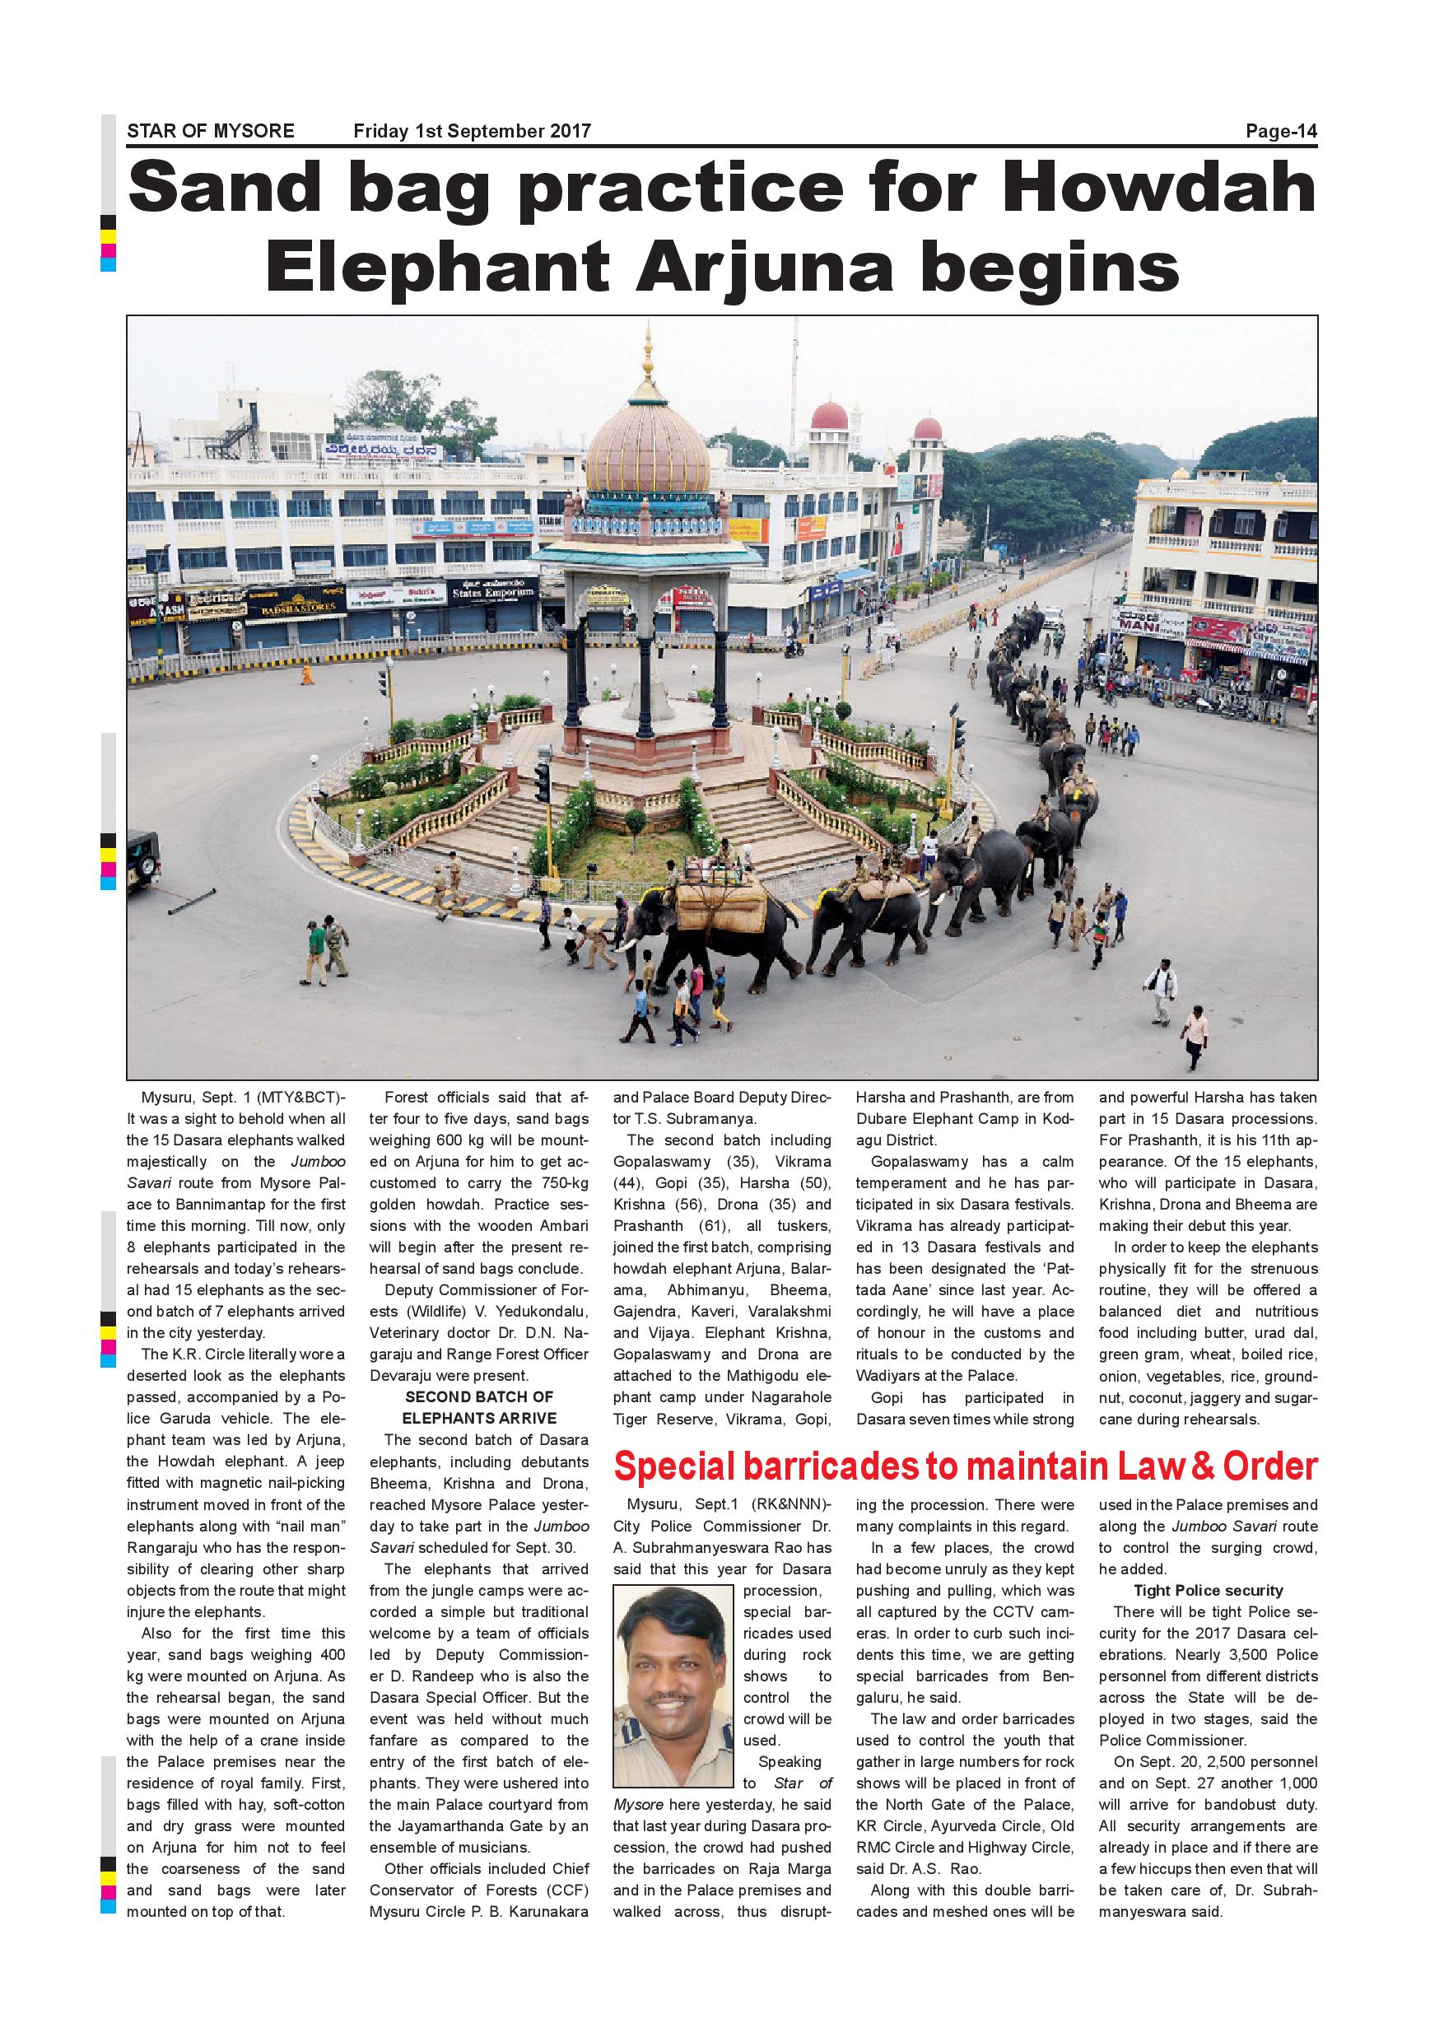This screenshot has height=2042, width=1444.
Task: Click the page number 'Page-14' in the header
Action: point(1280,132)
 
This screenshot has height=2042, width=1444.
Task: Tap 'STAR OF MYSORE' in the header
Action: point(211,132)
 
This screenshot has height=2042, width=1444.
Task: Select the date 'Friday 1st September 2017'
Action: point(473,132)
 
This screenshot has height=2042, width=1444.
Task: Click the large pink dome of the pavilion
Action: point(648,449)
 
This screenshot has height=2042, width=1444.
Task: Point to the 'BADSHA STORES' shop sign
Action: point(297,607)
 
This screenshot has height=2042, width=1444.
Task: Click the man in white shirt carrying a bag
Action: point(1160,990)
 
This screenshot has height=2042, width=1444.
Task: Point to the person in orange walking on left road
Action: point(308,673)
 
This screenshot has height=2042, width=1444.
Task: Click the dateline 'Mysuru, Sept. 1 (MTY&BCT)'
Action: point(243,1098)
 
